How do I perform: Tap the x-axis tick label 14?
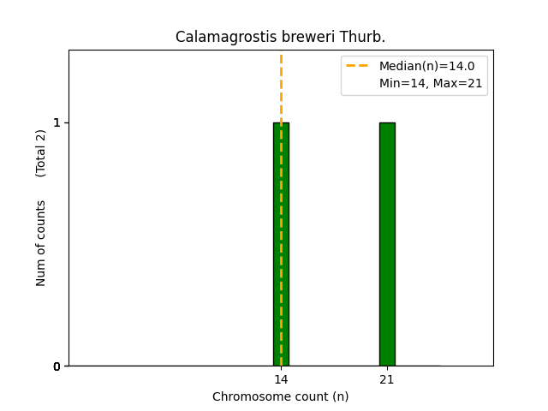point(281,379)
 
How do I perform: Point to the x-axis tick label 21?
point(387,379)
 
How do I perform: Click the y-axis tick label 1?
point(57,122)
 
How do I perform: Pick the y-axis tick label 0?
point(57,366)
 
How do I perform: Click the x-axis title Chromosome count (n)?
point(281,396)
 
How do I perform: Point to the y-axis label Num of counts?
point(41,243)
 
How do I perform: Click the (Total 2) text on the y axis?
point(41,153)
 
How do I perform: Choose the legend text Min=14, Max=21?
point(431,83)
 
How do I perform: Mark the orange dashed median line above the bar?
point(281,86)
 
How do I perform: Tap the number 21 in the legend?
point(474,83)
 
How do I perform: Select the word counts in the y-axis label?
point(41,221)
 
